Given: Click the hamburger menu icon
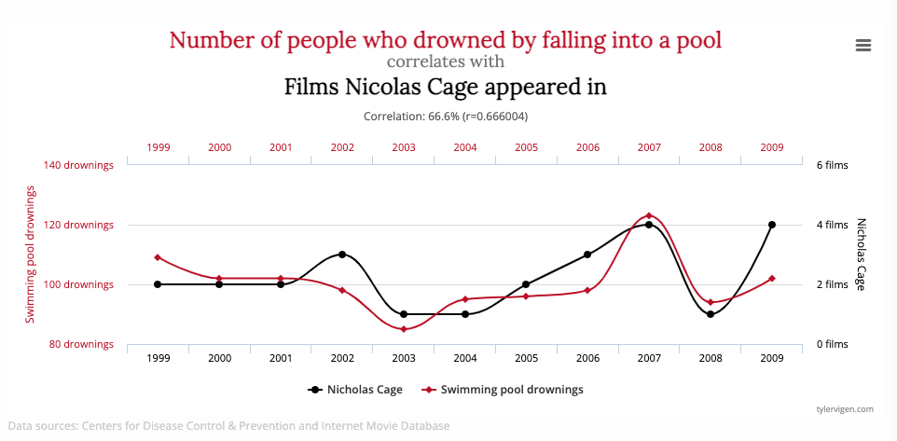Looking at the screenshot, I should (862, 45).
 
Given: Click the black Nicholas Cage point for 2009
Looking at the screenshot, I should (772, 225).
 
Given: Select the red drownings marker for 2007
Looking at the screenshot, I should (649, 216).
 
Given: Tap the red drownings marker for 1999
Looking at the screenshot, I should (158, 257).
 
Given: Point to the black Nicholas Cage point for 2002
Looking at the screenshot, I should (342, 255).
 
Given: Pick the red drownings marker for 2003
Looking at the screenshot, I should (404, 329).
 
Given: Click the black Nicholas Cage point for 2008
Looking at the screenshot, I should (711, 314).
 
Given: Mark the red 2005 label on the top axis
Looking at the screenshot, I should (527, 147).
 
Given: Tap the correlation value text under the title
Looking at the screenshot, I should (446, 117).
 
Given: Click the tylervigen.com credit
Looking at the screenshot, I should (843, 408).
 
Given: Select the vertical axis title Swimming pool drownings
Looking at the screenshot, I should (31, 255).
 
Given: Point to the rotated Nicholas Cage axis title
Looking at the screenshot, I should (862, 255).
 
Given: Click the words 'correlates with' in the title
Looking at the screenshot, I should (446, 62).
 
